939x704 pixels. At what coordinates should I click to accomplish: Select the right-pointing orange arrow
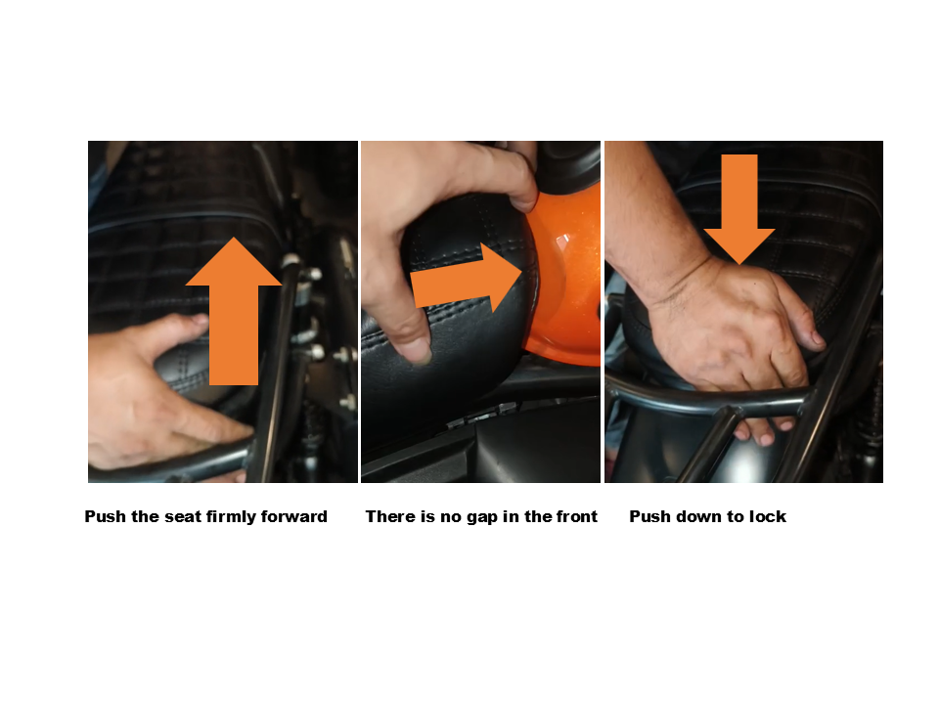pos(468,279)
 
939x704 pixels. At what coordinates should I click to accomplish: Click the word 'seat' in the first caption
pos(180,516)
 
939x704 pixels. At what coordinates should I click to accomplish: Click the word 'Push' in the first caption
pos(106,516)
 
